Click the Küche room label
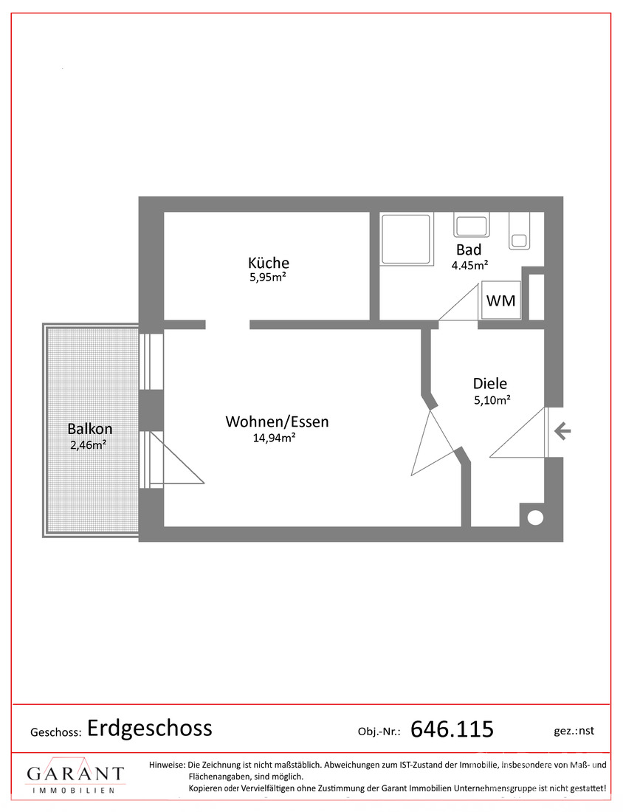268,263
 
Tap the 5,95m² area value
268,277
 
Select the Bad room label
469,250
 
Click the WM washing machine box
500,300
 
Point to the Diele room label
490,384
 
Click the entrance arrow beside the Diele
562,430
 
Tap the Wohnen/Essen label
277,422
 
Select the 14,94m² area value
274,438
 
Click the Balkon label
89,429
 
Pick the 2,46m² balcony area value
89,444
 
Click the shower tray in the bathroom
407,238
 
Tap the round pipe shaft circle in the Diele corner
535,517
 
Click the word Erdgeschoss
150,728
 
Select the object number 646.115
452,729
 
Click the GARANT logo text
75,774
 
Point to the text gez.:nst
574,731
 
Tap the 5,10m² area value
492,400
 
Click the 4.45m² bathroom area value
469,265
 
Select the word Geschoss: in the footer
56,732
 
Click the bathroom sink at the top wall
471,224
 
